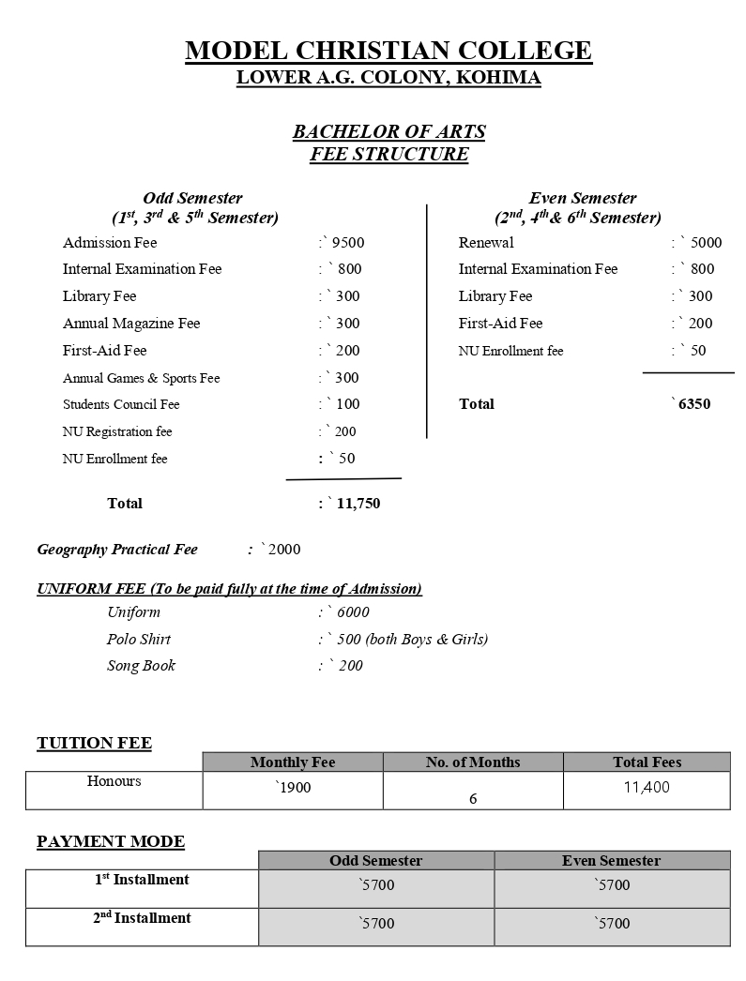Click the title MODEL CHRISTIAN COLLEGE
(388, 51)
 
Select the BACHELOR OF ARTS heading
(388, 132)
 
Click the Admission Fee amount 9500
(348, 243)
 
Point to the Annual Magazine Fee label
(131, 324)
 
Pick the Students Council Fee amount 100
(347, 404)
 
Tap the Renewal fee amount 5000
(706, 243)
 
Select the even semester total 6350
(693, 404)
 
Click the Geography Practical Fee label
(117, 550)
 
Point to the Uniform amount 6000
(353, 612)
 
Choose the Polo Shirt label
(139, 640)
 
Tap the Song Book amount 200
(350, 666)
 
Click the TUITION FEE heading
(94, 744)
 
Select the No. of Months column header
(473, 762)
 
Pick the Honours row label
(114, 781)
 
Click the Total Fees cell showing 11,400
(647, 788)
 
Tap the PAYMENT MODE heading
(111, 841)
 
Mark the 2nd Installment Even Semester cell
(612, 924)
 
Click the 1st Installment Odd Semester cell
(376, 885)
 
